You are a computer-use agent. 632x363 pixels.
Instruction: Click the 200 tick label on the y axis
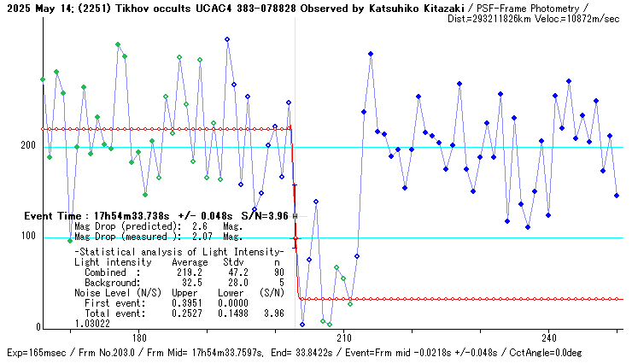[x=29, y=146]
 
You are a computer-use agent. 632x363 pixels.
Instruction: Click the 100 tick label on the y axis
[x=29, y=237]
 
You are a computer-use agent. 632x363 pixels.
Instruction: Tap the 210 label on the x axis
[x=344, y=337]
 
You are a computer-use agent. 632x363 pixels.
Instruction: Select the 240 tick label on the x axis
[x=549, y=337]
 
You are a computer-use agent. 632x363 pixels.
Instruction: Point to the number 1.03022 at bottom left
[x=92, y=324]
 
